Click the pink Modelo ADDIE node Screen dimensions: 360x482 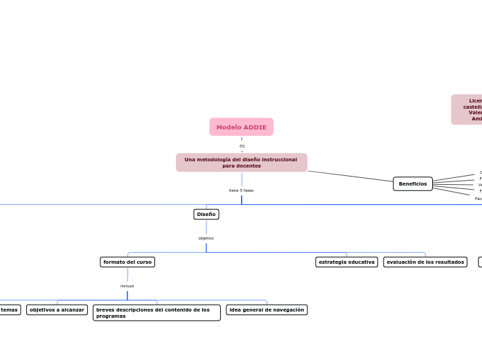tap(241, 127)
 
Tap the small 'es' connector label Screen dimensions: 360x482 tap(242, 146)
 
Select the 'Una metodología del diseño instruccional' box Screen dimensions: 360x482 tap(241, 162)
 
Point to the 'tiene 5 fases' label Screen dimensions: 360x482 tap(241, 190)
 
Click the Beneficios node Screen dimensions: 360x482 tap(413, 183)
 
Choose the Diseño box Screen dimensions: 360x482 tap(206, 215)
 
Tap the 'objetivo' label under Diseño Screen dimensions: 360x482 tap(206, 238)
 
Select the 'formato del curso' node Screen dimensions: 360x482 tap(127, 262)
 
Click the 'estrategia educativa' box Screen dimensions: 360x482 tap(346, 262)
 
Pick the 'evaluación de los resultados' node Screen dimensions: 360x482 tap(425, 262)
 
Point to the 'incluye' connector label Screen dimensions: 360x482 tap(127, 286)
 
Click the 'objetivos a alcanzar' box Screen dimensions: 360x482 tap(57, 309)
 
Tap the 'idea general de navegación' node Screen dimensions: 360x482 tap(267, 309)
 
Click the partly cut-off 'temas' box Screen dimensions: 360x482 tap(10, 309)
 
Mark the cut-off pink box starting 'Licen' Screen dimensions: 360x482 tap(467, 109)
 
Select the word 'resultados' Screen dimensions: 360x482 tap(449, 262)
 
